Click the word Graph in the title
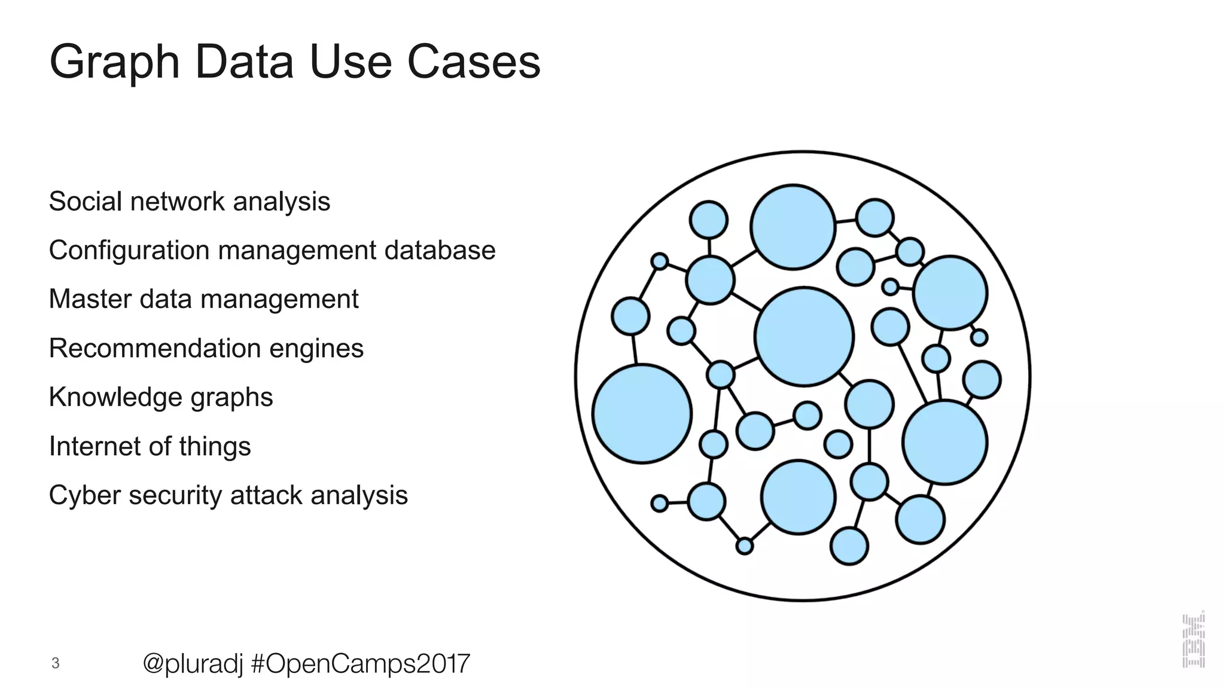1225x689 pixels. click(114, 62)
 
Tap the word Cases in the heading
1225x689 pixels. click(474, 62)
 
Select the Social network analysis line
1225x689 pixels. click(189, 202)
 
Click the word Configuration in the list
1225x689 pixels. click(129, 251)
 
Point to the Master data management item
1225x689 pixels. click(203, 300)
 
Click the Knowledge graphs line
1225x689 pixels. click(160, 398)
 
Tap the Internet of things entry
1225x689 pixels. click(150, 447)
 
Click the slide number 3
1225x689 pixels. click(56, 663)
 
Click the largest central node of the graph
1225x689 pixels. click(804, 337)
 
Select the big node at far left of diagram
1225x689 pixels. click(642, 414)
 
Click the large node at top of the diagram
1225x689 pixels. click(793, 227)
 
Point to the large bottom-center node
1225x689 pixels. click(798, 497)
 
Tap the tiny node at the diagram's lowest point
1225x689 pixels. click(744, 546)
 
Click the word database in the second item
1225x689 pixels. click(440, 251)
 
